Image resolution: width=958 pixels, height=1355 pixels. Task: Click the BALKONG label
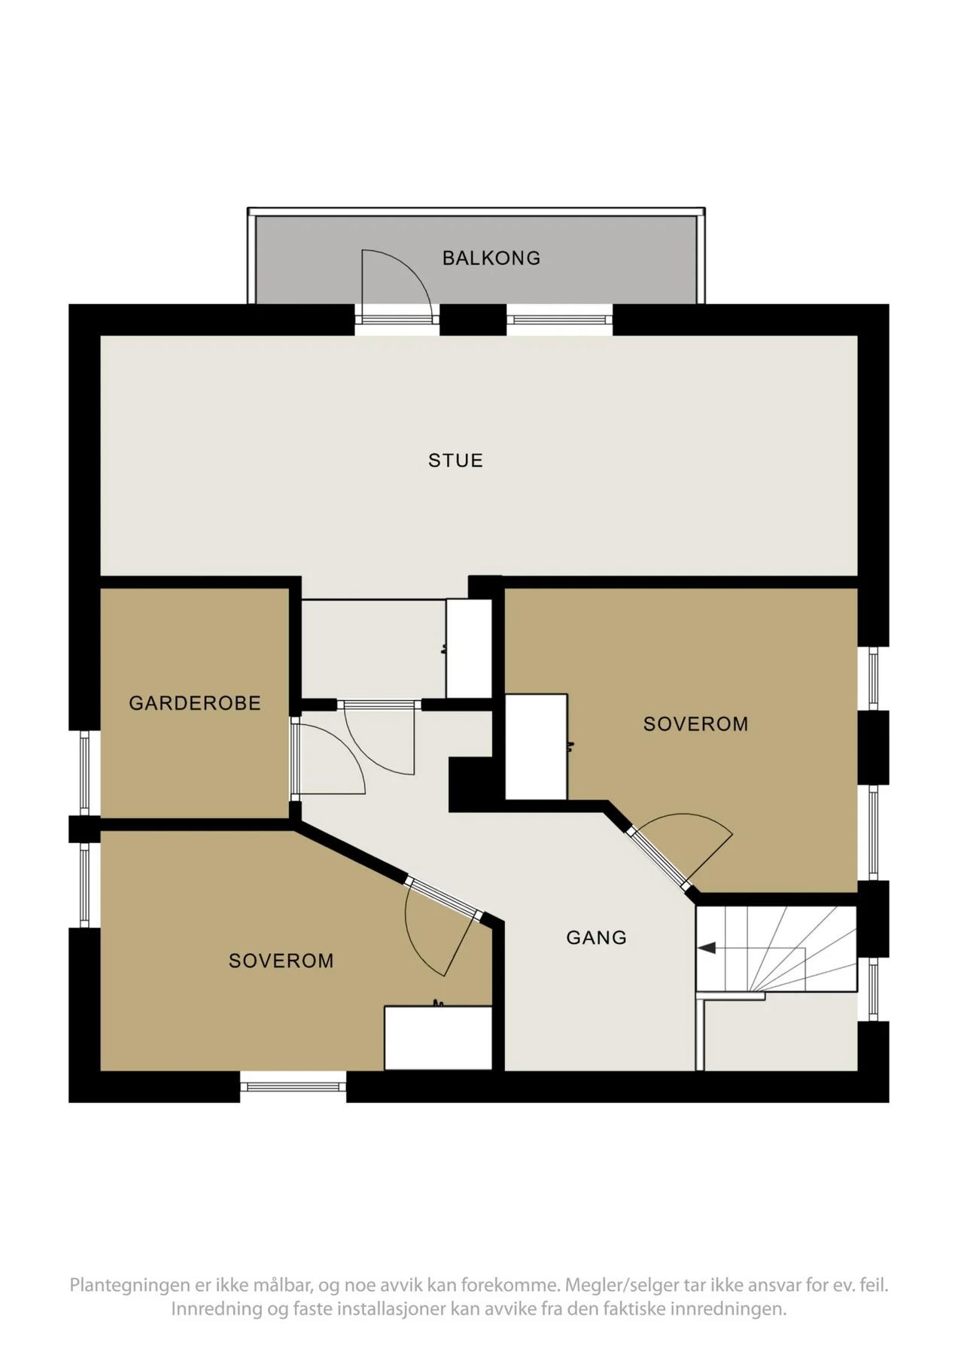click(x=491, y=258)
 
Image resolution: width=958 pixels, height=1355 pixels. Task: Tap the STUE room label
click(x=455, y=461)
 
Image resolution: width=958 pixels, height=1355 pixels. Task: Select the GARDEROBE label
click(x=195, y=703)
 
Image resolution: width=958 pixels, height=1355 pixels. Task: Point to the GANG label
click(x=596, y=937)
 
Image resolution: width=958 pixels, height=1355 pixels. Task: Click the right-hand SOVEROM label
click(x=695, y=724)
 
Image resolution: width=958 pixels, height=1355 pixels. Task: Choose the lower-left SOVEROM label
click(x=281, y=961)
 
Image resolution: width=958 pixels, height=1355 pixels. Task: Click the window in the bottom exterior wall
click(x=293, y=1086)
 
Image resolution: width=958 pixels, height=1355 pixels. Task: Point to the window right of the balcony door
click(x=559, y=320)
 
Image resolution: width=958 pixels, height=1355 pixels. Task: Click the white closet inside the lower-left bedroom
click(x=438, y=1037)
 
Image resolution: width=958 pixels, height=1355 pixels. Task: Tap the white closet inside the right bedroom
click(x=536, y=747)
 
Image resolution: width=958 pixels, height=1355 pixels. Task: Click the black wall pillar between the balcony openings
click(x=473, y=320)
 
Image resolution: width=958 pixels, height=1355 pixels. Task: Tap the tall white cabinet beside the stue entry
click(x=469, y=648)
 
